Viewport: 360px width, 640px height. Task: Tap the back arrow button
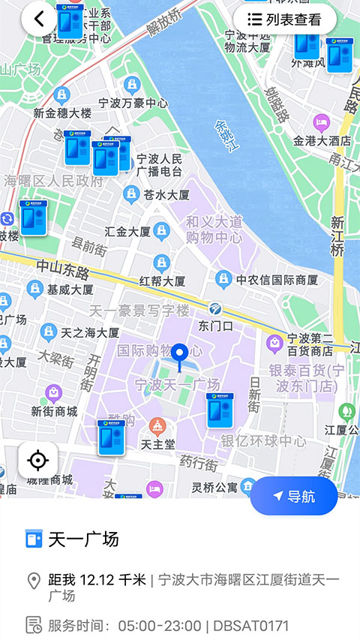(x=39, y=20)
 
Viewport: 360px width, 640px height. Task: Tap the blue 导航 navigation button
(x=294, y=496)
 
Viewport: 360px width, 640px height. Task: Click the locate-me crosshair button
(x=38, y=460)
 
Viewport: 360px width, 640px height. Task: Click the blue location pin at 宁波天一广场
(x=179, y=354)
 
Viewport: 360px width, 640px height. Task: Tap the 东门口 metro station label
(x=215, y=326)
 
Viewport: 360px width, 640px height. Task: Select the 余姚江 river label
(x=226, y=137)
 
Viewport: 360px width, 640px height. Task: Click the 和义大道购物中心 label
(x=214, y=229)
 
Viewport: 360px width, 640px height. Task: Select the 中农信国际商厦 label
(x=277, y=281)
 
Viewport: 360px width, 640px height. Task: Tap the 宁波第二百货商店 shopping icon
(x=274, y=344)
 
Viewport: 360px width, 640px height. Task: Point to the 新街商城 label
(x=54, y=411)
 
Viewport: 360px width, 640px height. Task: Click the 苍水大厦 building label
(x=166, y=194)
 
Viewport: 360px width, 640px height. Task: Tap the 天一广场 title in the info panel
(x=83, y=539)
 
